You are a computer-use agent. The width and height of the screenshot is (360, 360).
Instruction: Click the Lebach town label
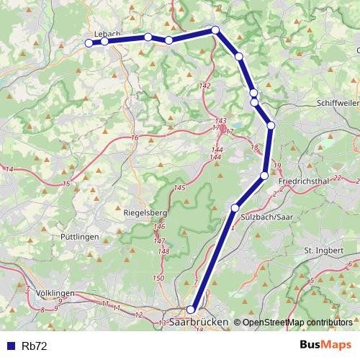107,33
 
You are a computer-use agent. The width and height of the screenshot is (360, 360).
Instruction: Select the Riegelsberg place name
145,213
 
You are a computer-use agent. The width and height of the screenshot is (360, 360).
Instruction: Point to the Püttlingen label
79,236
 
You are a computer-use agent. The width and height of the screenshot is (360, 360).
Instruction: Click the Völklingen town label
55,294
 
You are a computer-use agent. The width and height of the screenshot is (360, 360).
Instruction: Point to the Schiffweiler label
336,104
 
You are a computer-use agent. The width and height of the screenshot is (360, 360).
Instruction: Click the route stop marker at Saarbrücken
191,310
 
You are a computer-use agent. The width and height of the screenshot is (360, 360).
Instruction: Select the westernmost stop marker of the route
89,43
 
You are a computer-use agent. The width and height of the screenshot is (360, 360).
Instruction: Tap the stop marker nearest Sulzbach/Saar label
235,207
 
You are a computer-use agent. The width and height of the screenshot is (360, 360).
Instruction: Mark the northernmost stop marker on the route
215,30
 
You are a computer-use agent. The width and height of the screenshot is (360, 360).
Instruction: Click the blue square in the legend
10,346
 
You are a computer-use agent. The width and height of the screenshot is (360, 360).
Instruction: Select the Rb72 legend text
35,346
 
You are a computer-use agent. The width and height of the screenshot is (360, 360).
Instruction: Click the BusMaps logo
325,346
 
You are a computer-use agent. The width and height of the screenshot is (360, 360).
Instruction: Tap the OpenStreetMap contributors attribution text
297,322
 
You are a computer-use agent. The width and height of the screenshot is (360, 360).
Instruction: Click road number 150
159,278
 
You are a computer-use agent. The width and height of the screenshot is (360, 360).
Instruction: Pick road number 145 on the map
179,188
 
